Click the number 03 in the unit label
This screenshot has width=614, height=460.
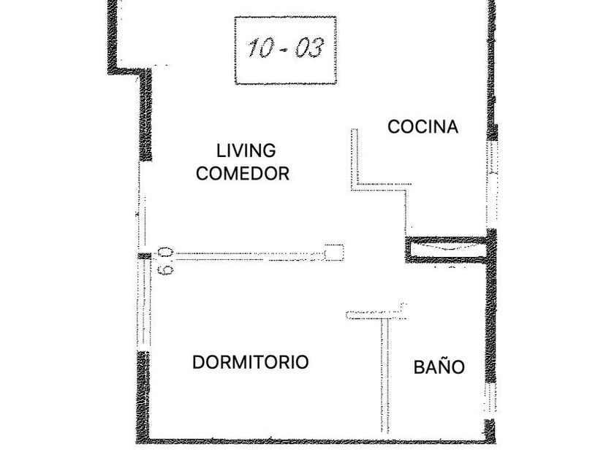pyautogui.click(x=310, y=48)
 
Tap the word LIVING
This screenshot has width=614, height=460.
pyautogui.click(x=246, y=150)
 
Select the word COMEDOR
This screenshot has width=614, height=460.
pyautogui.click(x=243, y=174)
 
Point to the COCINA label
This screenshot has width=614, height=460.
pyautogui.click(x=422, y=126)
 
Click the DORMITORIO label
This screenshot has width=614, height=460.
pyautogui.click(x=250, y=362)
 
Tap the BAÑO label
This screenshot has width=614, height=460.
pyautogui.click(x=439, y=367)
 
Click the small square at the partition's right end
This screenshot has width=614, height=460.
pyautogui.click(x=334, y=252)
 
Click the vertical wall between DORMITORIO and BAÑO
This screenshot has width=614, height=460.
pyautogui.click(x=381, y=376)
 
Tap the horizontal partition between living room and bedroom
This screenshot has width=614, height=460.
pyautogui.click(x=249, y=256)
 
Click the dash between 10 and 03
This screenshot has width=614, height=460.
pyautogui.click(x=285, y=50)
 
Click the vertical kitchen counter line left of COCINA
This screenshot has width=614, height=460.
pyautogui.click(x=354, y=159)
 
